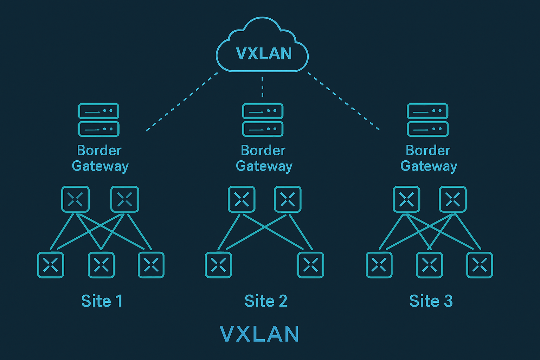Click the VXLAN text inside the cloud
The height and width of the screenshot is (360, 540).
click(x=264, y=54)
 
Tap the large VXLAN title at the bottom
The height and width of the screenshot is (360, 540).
click(x=259, y=334)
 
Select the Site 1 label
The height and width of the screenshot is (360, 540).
click(x=102, y=301)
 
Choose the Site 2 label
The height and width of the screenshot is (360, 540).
click(x=266, y=301)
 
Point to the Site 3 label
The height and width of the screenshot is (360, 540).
click(x=431, y=301)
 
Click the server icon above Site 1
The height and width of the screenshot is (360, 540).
click(x=99, y=120)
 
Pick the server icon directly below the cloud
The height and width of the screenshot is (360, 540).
click(x=263, y=120)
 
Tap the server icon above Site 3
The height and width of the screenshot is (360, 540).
click(x=427, y=120)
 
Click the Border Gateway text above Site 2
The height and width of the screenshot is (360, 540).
click(x=264, y=158)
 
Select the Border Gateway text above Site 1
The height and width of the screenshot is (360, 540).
click(x=100, y=158)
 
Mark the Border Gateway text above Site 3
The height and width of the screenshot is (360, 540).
click(x=429, y=158)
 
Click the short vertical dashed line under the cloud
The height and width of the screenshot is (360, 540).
click(x=262, y=86)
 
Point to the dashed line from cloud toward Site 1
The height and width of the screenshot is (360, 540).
click(x=182, y=102)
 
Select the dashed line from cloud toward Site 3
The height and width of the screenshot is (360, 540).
click(x=343, y=101)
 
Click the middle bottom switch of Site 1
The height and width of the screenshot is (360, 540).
click(x=101, y=265)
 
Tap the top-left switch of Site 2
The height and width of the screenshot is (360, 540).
click(x=242, y=199)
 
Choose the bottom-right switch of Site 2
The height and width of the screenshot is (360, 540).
click(x=311, y=265)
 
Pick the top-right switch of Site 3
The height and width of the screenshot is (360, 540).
click(x=453, y=199)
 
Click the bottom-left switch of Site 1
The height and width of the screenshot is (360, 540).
click(x=51, y=265)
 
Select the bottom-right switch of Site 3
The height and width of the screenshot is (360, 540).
click(x=480, y=265)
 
